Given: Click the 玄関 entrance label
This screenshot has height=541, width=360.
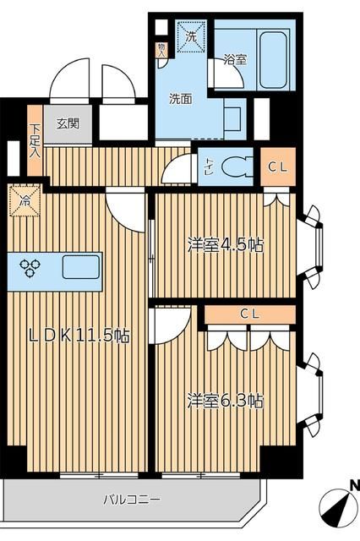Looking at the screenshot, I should click(68, 123).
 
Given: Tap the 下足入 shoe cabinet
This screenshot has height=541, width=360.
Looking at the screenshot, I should click(34, 140).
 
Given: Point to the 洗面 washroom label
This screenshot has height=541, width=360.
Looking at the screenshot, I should click(180, 99).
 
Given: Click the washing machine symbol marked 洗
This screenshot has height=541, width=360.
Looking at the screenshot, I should click(191, 37).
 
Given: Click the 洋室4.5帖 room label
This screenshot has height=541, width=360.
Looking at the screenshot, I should click(225, 245).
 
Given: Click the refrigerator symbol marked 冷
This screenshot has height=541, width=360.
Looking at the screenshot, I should click(25, 202).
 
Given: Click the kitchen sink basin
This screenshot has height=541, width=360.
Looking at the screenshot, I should click(80, 268).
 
